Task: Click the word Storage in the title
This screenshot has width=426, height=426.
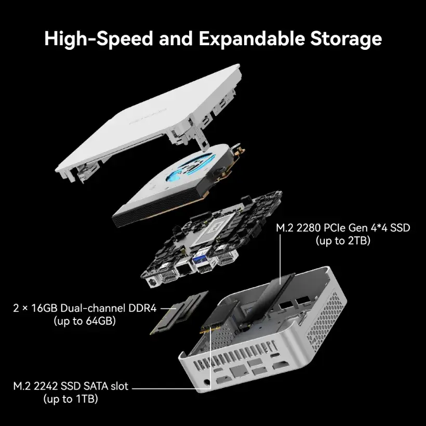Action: pos(346,38)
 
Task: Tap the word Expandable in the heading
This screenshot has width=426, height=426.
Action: pos(251,38)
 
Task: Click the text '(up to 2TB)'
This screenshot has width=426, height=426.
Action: pos(343,241)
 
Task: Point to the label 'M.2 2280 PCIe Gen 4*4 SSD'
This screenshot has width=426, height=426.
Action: pos(343,228)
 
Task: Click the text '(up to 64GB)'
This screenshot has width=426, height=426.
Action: pos(85,321)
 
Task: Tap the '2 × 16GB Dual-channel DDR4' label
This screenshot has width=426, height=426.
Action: pos(85,308)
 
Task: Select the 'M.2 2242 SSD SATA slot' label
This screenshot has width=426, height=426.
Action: pos(71,386)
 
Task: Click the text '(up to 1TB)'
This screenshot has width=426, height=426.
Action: pos(71,399)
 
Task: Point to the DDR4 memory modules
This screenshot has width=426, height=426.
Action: pos(179,312)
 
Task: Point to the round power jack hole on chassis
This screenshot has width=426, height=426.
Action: pos(207,382)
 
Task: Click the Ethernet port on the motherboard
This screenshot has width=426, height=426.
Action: pos(184,269)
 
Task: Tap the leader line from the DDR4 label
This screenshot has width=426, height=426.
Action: pos(168,309)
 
